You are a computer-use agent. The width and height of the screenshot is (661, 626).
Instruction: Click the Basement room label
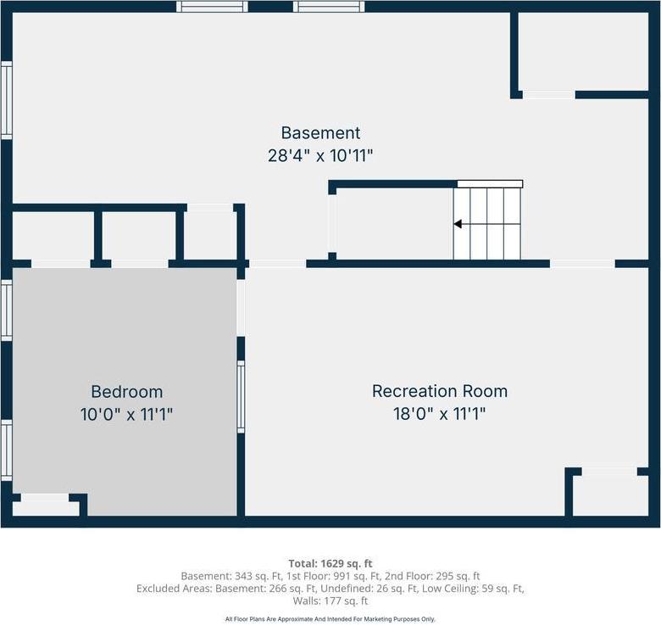(x=320, y=133)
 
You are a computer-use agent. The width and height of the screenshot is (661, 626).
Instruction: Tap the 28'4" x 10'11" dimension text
(x=320, y=156)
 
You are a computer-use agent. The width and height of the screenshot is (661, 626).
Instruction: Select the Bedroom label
(x=126, y=392)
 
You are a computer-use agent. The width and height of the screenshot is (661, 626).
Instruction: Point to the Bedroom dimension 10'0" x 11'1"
(x=126, y=415)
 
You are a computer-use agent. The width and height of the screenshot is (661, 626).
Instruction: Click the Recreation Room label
(x=440, y=391)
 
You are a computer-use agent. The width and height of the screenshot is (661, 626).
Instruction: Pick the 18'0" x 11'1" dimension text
(x=440, y=414)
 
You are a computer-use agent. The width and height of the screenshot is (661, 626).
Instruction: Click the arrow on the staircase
(x=458, y=224)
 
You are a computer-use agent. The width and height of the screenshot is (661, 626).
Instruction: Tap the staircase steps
(x=488, y=223)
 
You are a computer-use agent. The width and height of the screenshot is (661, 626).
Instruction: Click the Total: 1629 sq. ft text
(x=330, y=563)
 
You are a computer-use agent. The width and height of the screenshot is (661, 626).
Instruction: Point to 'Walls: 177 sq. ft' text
(x=330, y=601)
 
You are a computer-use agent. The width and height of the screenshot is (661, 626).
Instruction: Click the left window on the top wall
(x=212, y=7)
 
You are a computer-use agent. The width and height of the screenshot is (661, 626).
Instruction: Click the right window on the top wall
(x=329, y=7)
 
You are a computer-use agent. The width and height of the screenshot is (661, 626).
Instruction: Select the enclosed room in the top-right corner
(x=583, y=51)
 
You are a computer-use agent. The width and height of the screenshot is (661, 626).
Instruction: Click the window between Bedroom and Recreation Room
(x=241, y=396)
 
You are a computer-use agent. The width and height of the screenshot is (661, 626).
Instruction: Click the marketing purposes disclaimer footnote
(x=330, y=619)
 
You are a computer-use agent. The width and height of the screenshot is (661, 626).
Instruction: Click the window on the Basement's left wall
(x=6, y=100)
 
